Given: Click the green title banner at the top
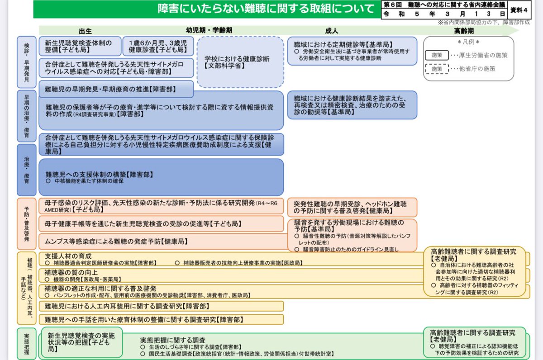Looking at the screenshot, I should click(206, 9).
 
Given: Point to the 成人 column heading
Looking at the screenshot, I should click(331, 31).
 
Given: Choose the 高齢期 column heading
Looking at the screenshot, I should click(464, 31).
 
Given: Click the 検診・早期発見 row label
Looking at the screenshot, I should click(26, 62).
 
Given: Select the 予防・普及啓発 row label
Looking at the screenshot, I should click(26, 223).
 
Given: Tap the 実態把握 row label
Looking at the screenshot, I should click(26, 344).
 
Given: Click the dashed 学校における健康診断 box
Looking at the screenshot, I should click(240, 62).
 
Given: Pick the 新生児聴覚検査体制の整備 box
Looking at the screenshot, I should click(80, 46).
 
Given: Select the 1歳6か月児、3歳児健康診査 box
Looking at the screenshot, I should click(158, 46).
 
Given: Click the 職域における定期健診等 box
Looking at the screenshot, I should click(352, 51).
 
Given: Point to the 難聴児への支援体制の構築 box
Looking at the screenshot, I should click(161, 177).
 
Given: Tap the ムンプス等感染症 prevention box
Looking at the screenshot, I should click(161, 242).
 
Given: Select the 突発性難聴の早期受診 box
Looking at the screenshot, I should click(352, 207).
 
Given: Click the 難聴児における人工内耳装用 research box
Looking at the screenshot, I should click(161, 306).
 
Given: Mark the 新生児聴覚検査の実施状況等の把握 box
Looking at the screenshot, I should click(81, 343).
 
